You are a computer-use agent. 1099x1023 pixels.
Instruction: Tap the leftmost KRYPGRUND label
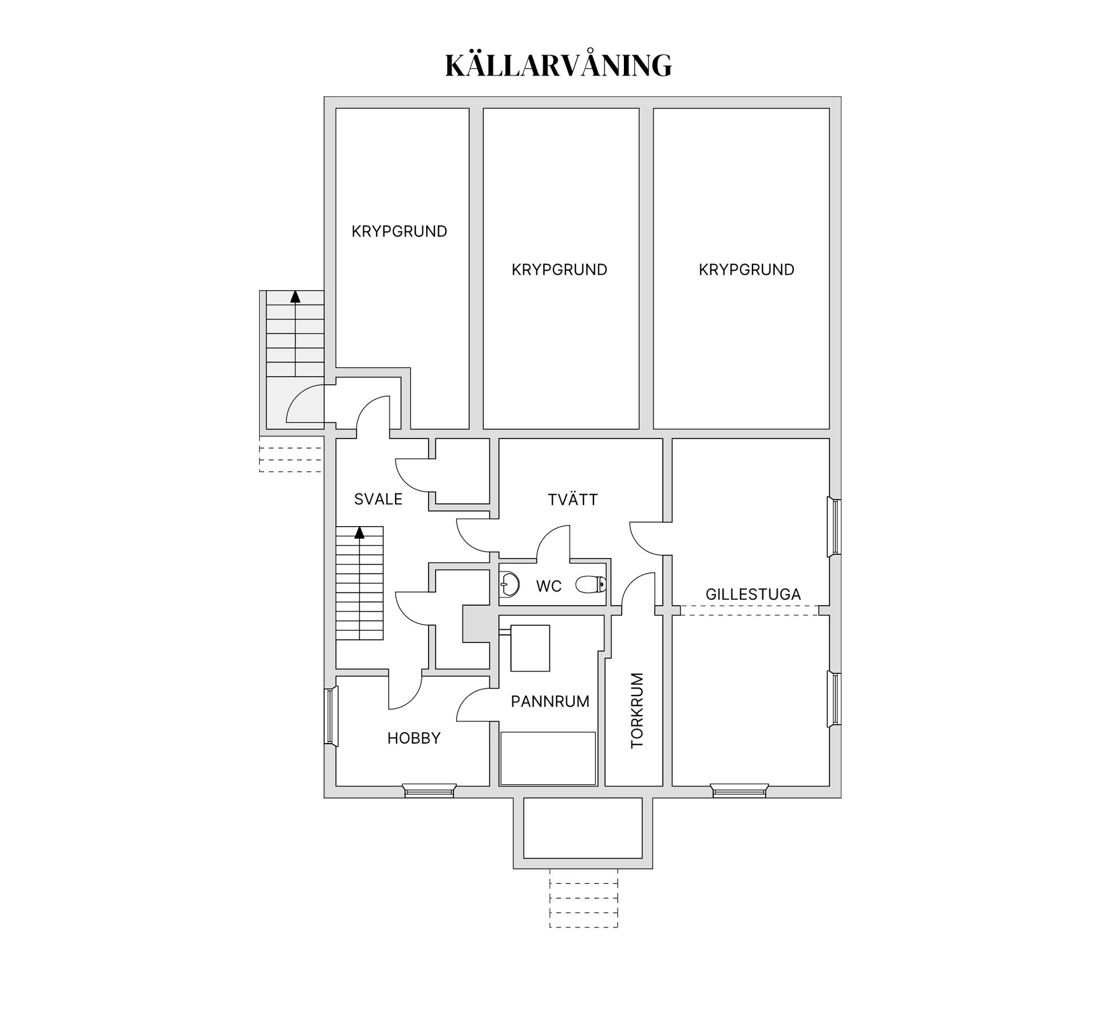tap(399, 231)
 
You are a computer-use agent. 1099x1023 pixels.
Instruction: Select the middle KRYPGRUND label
tap(559, 270)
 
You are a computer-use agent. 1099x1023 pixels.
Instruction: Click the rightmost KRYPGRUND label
tap(746, 270)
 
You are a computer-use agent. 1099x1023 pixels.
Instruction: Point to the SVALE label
tap(378, 499)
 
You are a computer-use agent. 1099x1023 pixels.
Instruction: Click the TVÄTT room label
tap(572, 500)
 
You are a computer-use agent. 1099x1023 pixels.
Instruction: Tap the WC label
tap(548, 586)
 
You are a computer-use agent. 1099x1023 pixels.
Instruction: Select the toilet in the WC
tap(590, 584)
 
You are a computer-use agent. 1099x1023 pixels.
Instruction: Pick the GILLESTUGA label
tap(753, 594)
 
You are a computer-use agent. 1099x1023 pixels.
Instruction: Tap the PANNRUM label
tap(549, 701)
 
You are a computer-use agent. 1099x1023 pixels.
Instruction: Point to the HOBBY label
tap(414, 738)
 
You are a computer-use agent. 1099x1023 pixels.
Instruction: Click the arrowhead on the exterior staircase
tap(295, 297)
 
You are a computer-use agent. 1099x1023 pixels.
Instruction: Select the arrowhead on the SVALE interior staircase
tap(359, 533)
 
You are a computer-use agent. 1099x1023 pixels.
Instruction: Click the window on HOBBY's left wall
tap(330, 717)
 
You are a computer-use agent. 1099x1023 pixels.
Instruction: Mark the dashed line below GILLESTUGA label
tap(750, 615)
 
